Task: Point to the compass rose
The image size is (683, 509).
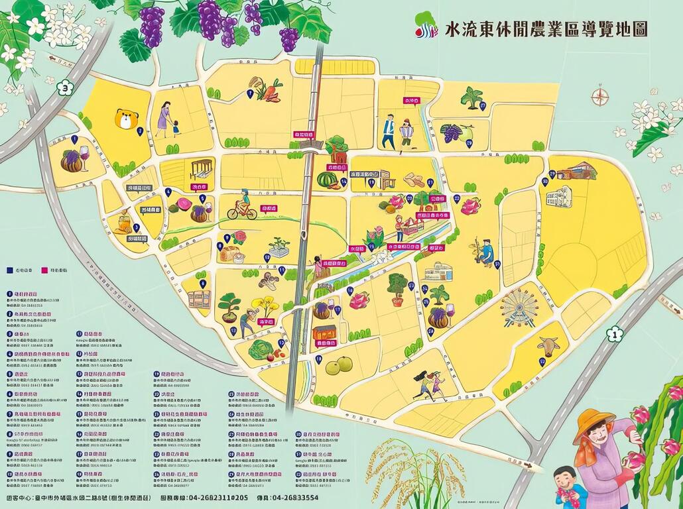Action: (599, 96)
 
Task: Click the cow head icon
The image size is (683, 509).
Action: (548, 345)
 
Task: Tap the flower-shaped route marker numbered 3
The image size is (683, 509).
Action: (65, 87)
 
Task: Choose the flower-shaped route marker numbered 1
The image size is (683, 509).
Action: (615, 334)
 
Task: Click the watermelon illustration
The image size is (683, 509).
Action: (328, 180)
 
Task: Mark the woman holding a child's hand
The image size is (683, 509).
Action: (166, 120)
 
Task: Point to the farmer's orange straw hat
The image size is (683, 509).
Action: (593, 420)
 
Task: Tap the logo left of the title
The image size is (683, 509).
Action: (426, 26)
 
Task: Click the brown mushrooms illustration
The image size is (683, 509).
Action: (269, 281)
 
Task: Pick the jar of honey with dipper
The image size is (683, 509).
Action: (123, 222)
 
